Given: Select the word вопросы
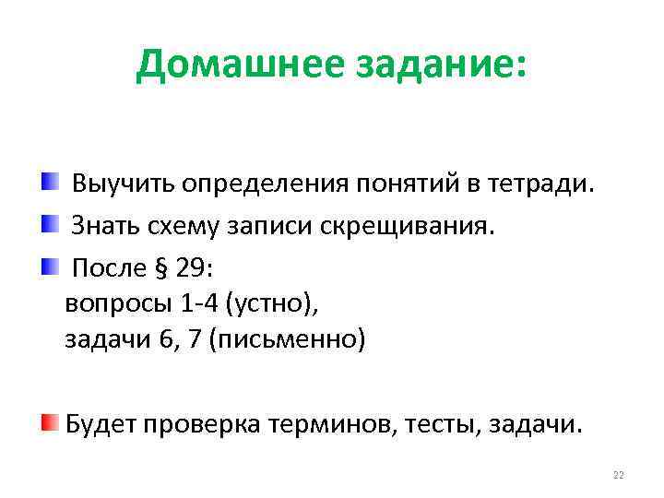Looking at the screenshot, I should tap(113, 304).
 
